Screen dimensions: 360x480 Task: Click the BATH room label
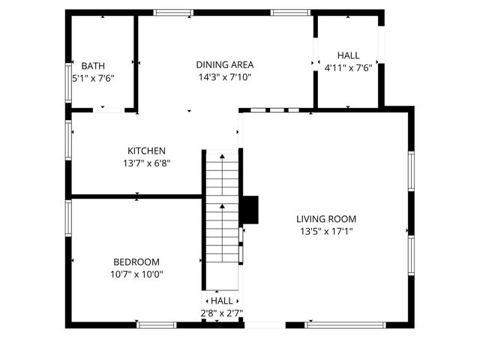pos(93,66)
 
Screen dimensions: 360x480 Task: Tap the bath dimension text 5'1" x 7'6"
pos(93,78)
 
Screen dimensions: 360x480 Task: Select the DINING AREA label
pos(224,64)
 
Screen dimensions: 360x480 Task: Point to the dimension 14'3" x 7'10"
pos(224,76)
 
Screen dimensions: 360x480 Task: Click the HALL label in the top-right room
pos(348,55)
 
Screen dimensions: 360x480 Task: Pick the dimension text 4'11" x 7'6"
pos(348,67)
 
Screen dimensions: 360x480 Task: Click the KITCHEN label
pos(146,151)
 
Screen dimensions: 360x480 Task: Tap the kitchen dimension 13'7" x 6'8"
pos(147,163)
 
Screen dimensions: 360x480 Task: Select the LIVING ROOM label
pos(326,219)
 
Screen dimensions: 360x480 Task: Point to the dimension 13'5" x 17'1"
pos(326,231)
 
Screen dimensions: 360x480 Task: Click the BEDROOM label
pos(136,262)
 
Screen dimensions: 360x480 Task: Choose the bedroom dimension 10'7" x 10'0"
pos(136,274)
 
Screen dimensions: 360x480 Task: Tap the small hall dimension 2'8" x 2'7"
pos(221,313)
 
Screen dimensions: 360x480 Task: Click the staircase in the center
pos(221,217)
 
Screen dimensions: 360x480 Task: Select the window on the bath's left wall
pos(68,82)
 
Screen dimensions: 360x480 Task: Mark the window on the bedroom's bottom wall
pos(157,324)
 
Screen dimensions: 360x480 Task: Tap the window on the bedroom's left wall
pos(68,218)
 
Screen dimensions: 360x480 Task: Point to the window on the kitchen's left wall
pos(68,140)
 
